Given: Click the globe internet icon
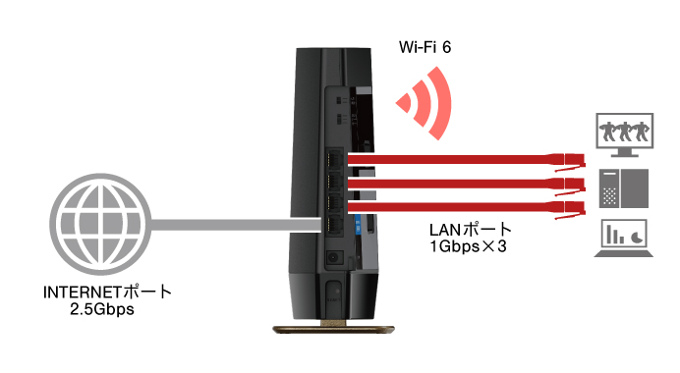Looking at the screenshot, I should [95, 225].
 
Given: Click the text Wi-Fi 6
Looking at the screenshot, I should [425, 45].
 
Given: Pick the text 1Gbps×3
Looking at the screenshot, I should [467, 246].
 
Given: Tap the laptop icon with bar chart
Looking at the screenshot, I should [625, 240].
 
